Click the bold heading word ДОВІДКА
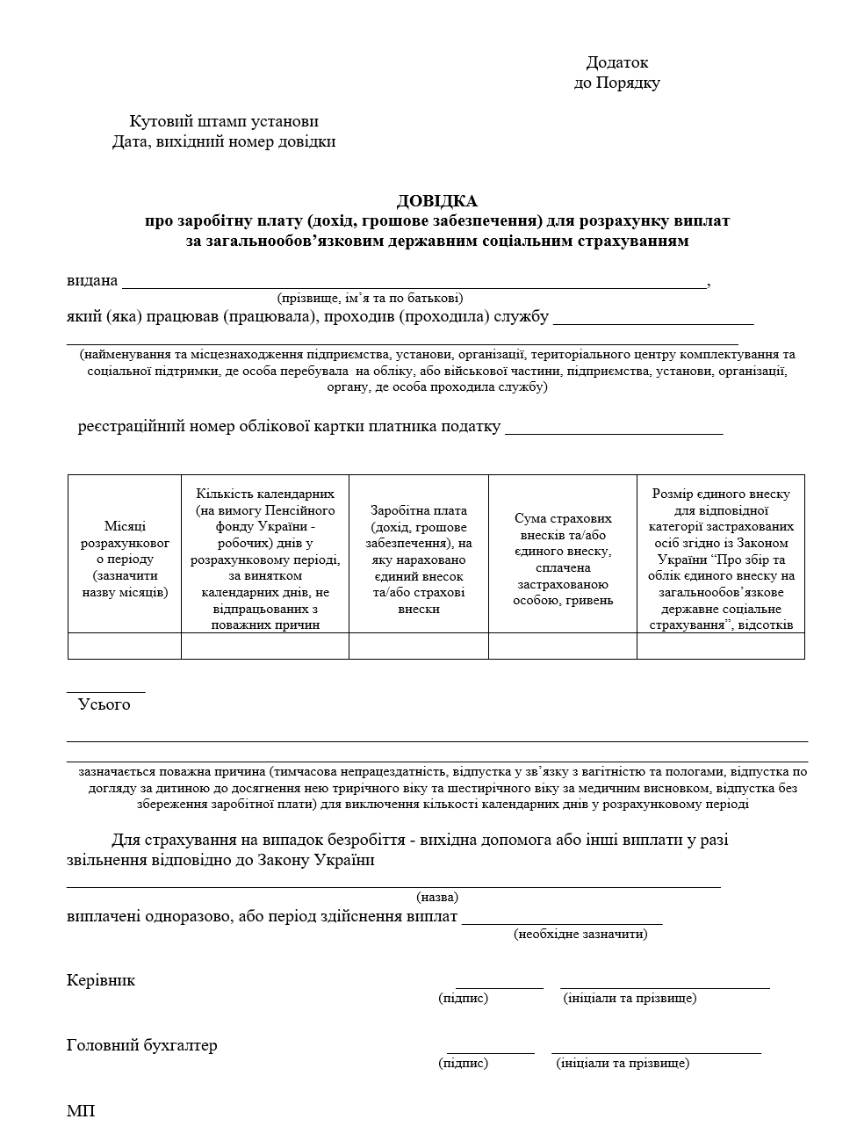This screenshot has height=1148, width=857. pos(436,201)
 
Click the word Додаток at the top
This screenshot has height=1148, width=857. pos(616,62)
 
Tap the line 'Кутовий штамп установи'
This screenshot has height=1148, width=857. pos(224,121)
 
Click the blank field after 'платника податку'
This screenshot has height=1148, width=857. pos(614,429)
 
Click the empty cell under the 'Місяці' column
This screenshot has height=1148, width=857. pos(125,646)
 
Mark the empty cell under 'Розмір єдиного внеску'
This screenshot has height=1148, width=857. pos(721,646)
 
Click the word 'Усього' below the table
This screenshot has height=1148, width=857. pos(104,704)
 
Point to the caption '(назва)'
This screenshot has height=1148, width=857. pos(437,898)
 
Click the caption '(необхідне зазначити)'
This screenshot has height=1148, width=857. pos(580,934)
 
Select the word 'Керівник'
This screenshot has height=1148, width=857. pos(101,980)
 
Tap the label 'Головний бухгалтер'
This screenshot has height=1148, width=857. pos(141,1045)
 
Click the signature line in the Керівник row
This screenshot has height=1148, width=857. pos(499,986)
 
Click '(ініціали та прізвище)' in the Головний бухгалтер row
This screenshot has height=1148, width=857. pos(623,1064)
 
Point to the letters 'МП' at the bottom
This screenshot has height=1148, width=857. pos(80,1111)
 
